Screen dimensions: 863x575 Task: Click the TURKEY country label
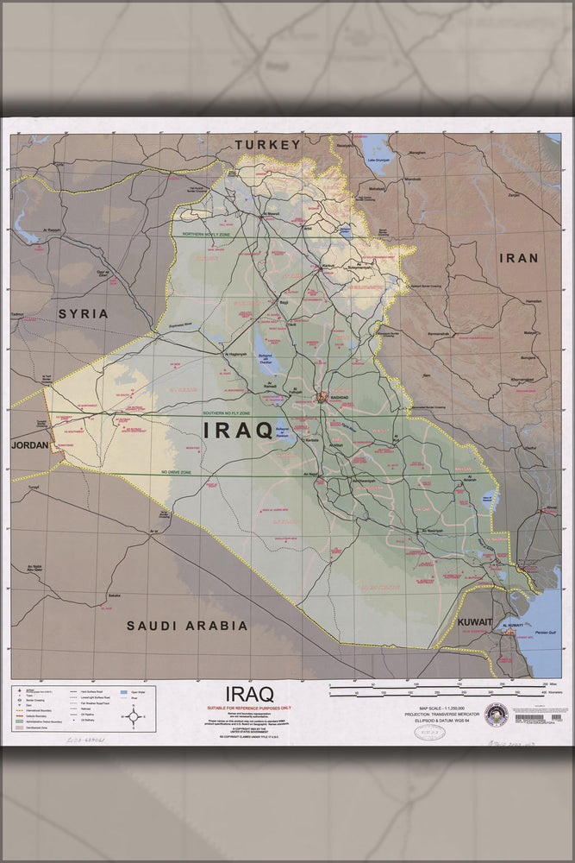click(x=271, y=145)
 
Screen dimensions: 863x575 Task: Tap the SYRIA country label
click(x=83, y=313)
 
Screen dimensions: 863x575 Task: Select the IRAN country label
click(x=518, y=257)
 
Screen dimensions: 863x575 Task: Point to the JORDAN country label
click(x=30, y=445)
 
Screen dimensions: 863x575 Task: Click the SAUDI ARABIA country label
click(x=187, y=626)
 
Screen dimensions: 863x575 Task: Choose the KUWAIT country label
click(x=475, y=622)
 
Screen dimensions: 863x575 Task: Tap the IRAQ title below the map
click(x=249, y=693)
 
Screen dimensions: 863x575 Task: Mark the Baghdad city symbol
click(x=322, y=398)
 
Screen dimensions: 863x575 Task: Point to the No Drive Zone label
click(x=176, y=472)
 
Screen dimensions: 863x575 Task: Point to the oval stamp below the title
click(x=429, y=733)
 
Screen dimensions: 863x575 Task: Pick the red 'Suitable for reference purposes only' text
click(x=249, y=708)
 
